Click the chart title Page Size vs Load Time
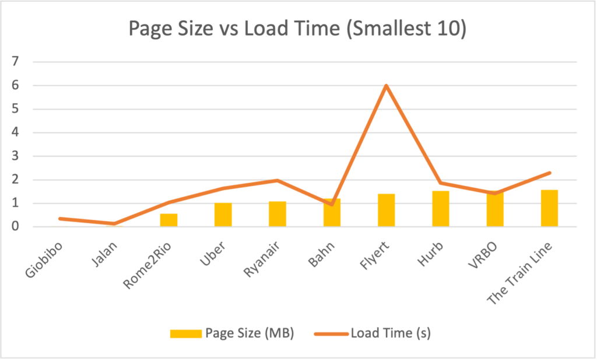pos(297,29)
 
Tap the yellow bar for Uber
pos(223,215)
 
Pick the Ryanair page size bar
pos(277,214)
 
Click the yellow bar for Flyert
pos(386,210)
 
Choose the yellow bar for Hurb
pos(440,209)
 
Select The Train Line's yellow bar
pos(549,208)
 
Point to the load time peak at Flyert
pos(386,86)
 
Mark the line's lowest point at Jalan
pos(114,223)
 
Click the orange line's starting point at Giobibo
pos(60,218)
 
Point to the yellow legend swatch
pos(185,334)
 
